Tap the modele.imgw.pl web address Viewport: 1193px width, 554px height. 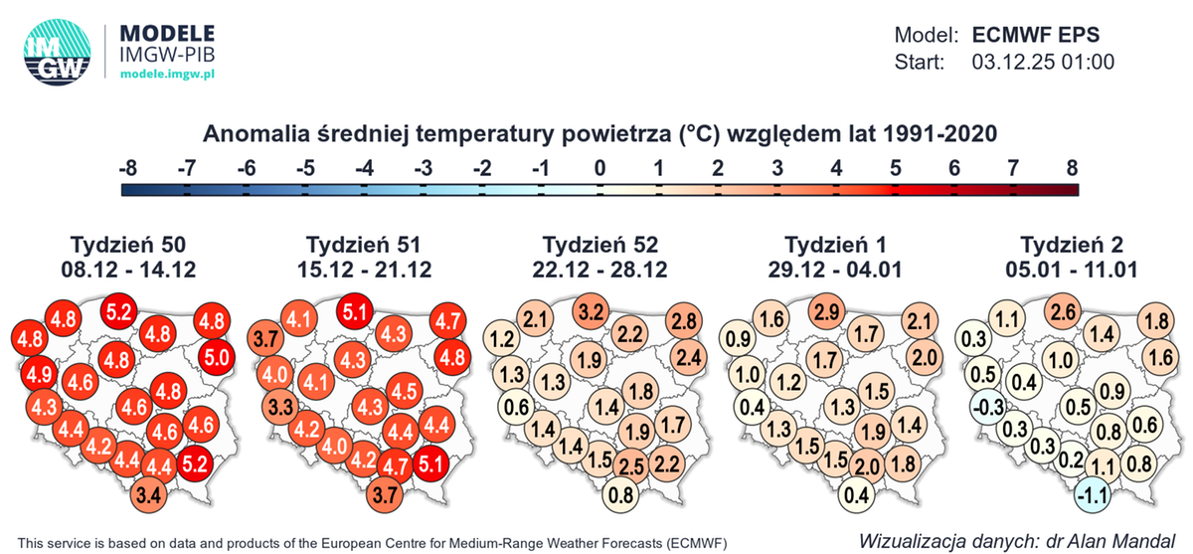[x=168, y=75]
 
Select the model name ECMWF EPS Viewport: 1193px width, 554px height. [x=1036, y=34]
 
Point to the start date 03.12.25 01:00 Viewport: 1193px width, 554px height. [x=1041, y=62]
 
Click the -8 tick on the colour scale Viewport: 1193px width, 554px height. [x=127, y=166]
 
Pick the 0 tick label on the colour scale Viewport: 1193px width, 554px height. [x=599, y=166]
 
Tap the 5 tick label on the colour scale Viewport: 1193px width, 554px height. [x=896, y=166]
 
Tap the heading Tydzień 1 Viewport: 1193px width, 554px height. [x=836, y=245]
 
